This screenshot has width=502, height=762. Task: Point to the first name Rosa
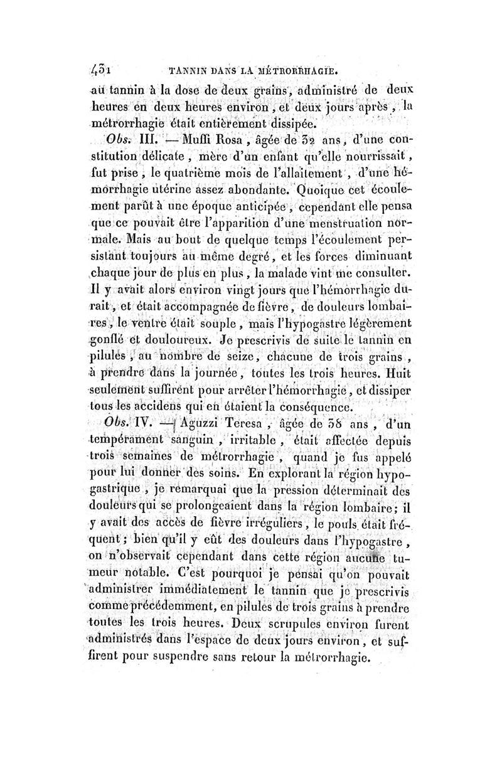coord(230,139)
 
